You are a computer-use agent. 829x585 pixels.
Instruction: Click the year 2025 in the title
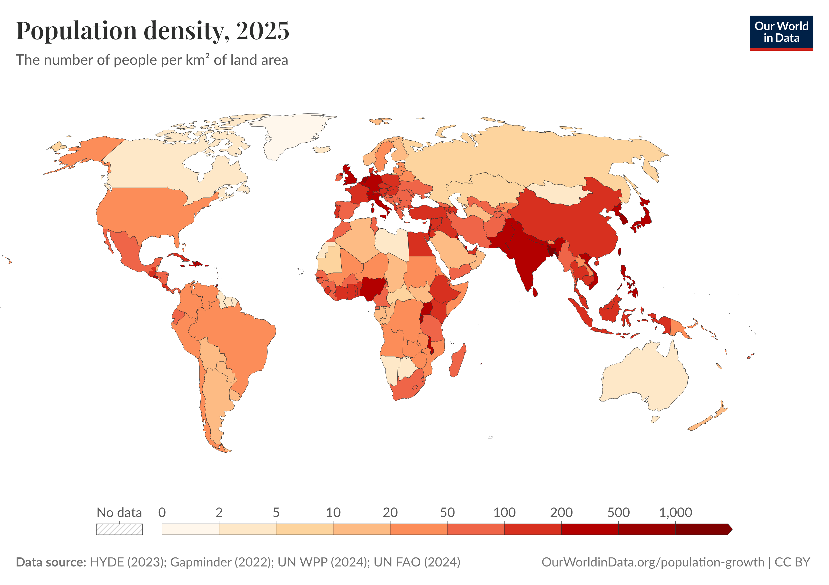click(263, 31)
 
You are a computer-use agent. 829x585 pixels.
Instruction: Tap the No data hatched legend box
click(119, 529)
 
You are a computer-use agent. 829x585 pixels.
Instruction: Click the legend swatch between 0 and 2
click(190, 529)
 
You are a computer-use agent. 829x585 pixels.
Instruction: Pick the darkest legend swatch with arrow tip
click(702, 529)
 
